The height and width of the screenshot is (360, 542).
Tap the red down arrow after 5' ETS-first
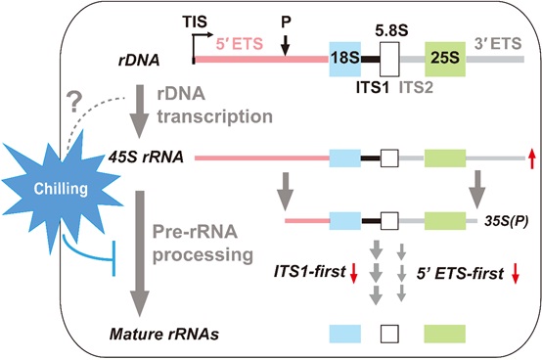515,273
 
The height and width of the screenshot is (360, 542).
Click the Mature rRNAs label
151,336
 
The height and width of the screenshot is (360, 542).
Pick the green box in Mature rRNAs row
445,336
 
